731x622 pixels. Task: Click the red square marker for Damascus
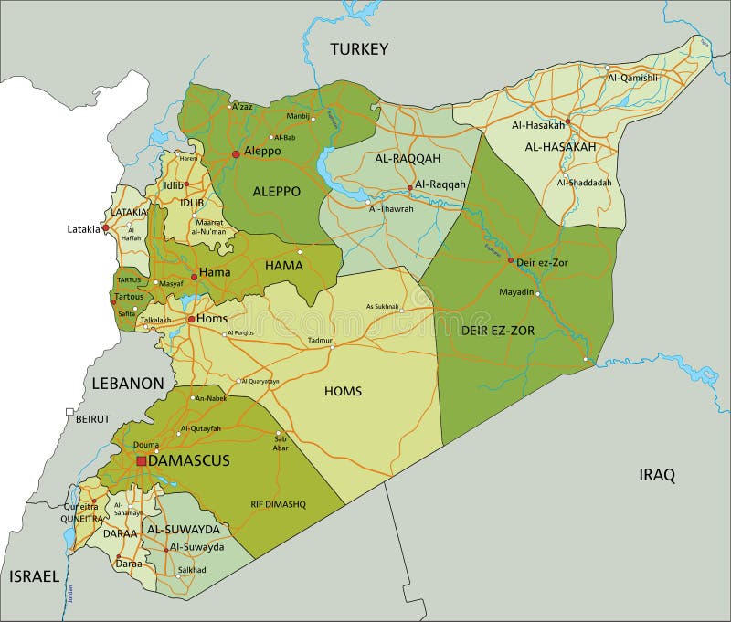(141, 461)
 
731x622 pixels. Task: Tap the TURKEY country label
(360, 48)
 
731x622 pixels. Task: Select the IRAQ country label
(656, 474)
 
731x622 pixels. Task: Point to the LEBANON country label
(127, 384)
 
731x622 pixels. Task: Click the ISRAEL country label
(34, 576)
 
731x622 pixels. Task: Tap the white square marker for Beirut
(69, 412)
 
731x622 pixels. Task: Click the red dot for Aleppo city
(236, 153)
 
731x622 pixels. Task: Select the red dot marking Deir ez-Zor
(510, 260)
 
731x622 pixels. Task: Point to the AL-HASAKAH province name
(560, 146)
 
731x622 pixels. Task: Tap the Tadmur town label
(321, 339)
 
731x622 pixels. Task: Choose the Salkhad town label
(192, 570)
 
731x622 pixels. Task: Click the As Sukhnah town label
(382, 306)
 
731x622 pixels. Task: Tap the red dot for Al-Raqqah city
(409, 188)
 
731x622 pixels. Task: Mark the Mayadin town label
(516, 293)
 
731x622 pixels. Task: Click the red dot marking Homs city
(191, 320)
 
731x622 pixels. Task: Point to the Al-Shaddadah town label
(588, 182)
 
